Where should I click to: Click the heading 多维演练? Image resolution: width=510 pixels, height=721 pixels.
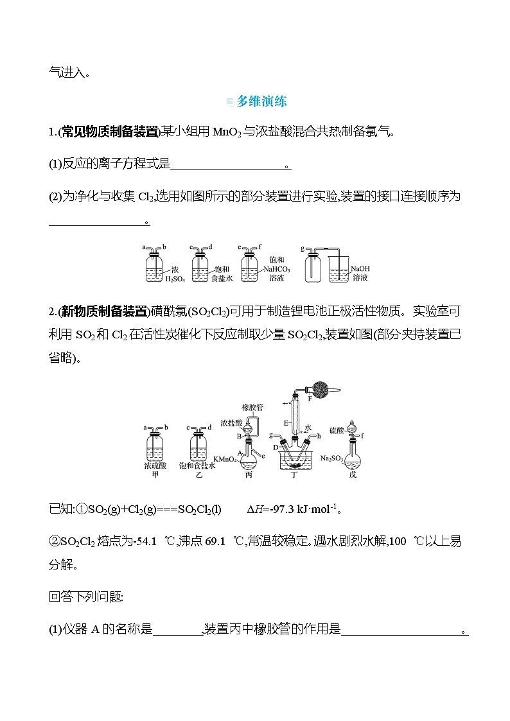(x=261, y=101)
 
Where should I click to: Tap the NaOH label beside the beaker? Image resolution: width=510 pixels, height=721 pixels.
(x=360, y=269)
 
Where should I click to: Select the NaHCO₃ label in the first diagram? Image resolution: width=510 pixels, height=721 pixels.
(x=277, y=270)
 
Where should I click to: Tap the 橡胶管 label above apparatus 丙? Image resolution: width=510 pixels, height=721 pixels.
(x=252, y=406)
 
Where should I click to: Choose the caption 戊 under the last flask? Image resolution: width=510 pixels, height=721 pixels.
(x=351, y=475)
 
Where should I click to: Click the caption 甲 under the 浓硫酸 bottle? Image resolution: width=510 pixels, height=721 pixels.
(x=154, y=475)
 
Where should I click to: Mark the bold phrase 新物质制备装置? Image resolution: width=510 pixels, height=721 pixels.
(x=104, y=311)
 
